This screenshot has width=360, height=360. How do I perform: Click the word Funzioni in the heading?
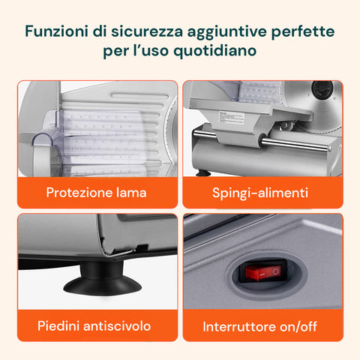[x=56, y=31]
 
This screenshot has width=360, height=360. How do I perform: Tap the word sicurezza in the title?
[x=147, y=31]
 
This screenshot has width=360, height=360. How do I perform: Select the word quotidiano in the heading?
[x=215, y=51]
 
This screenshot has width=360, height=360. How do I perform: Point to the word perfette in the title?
[x=303, y=31]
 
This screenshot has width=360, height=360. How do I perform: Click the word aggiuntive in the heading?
[x=227, y=32]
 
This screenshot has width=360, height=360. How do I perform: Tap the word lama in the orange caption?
[x=131, y=193]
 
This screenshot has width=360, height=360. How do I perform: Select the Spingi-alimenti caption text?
[x=260, y=193]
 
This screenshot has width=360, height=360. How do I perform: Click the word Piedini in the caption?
[x=58, y=326]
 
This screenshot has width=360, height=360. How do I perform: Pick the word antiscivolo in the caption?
[x=117, y=326]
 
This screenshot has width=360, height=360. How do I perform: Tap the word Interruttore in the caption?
[x=239, y=326]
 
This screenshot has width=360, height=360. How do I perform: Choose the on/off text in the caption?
[x=298, y=326]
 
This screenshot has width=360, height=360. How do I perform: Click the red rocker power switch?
[x=263, y=272]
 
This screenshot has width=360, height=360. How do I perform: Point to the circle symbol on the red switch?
[x=275, y=271]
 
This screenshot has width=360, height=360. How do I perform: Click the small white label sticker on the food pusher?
[x=231, y=118]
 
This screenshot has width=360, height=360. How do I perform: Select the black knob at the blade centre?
[x=322, y=90]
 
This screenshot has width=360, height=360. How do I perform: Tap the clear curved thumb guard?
[x=42, y=141]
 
